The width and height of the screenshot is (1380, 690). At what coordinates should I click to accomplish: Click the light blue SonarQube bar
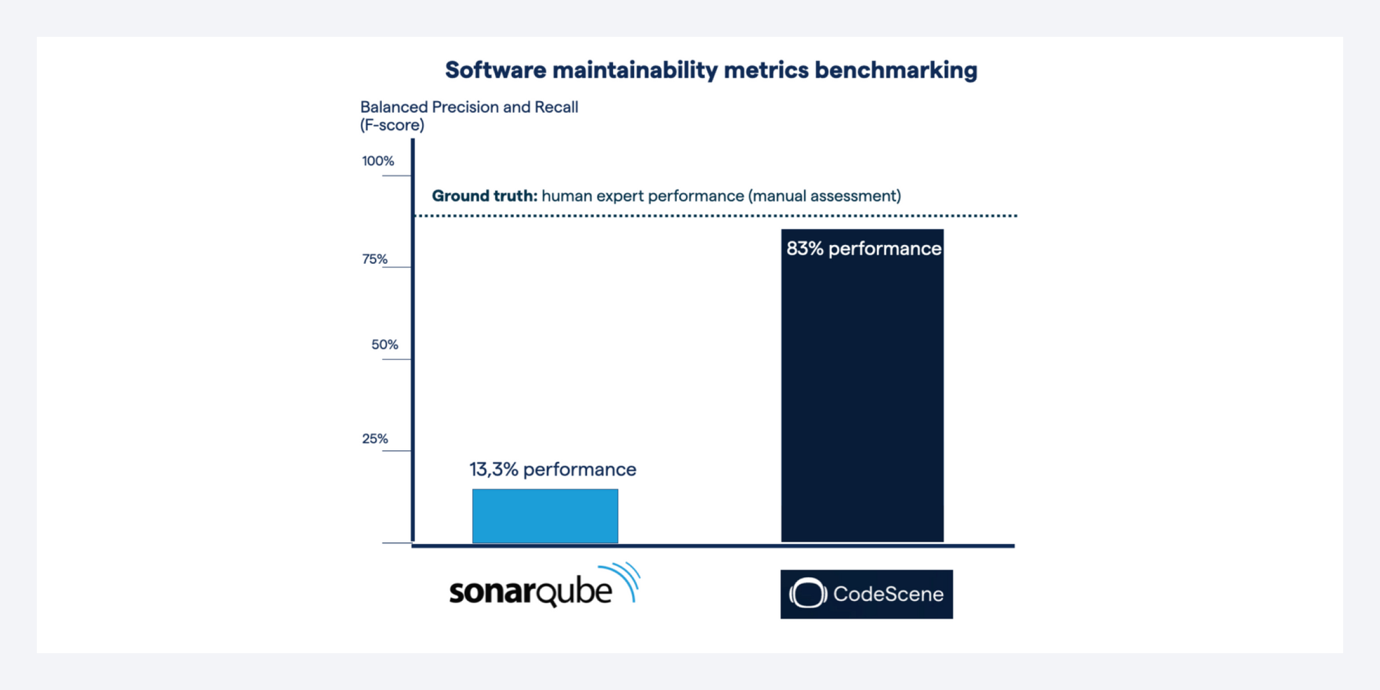click(545, 516)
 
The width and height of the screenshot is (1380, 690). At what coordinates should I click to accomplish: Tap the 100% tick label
click(378, 161)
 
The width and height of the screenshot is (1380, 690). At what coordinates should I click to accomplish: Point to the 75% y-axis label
click(374, 259)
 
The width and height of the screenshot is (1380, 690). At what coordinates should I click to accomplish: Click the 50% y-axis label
click(384, 344)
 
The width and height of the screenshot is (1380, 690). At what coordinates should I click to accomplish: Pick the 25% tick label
click(375, 439)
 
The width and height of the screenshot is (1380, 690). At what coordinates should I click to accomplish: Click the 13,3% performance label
click(553, 469)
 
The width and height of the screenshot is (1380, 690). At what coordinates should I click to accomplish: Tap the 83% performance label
click(863, 248)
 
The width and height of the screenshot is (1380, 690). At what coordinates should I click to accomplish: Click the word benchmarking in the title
click(895, 70)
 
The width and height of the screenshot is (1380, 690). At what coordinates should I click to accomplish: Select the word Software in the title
click(496, 70)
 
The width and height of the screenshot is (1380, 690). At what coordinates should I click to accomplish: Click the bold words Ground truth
click(484, 196)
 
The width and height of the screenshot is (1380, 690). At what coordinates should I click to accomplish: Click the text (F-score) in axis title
click(392, 125)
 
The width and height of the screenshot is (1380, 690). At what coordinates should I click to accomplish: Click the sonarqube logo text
click(530, 592)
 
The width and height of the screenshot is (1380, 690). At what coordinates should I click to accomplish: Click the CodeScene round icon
click(807, 593)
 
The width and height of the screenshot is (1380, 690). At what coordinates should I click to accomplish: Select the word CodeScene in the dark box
click(888, 594)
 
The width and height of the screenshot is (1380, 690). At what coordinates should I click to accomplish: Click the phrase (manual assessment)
click(825, 196)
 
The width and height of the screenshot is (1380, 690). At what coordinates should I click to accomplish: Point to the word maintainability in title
click(635, 70)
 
